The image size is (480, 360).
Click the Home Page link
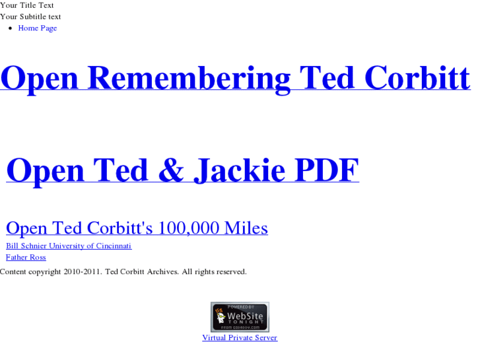point(37,28)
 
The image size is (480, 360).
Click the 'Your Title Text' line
point(27,5)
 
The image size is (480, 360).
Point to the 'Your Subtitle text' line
point(30,17)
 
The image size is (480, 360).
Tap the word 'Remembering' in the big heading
point(189,78)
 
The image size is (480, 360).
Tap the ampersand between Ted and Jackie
point(171,170)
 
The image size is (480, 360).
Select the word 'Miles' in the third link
point(246,229)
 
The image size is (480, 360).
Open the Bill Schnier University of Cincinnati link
point(69,246)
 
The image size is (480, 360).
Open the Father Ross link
point(26,258)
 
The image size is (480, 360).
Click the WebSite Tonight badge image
point(240,317)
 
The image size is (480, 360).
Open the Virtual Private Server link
point(240,338)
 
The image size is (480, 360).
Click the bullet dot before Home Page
point(11,28)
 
